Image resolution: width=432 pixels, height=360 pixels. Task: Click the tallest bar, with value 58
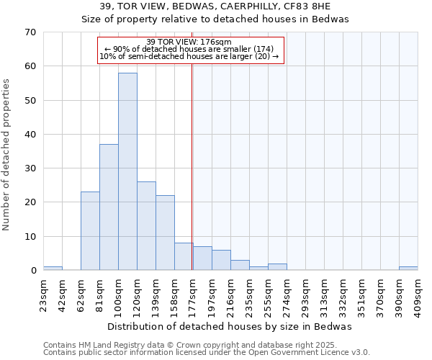[x=127, y=171]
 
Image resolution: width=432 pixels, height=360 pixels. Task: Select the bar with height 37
[x=109, y=207]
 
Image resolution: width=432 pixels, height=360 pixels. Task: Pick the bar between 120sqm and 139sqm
[x=146, y=226]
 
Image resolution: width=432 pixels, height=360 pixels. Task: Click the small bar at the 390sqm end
[x=408, y=269]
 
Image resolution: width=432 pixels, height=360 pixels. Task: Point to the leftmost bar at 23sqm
[x=53, y=269]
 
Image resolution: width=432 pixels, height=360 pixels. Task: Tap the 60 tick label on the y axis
[x=30, y=66]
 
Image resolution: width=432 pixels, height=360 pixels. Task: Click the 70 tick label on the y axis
[x=30, y=32]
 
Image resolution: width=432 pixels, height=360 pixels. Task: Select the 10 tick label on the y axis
[x=30, y=236]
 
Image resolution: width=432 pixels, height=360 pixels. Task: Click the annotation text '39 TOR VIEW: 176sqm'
[x=189, y=42]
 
